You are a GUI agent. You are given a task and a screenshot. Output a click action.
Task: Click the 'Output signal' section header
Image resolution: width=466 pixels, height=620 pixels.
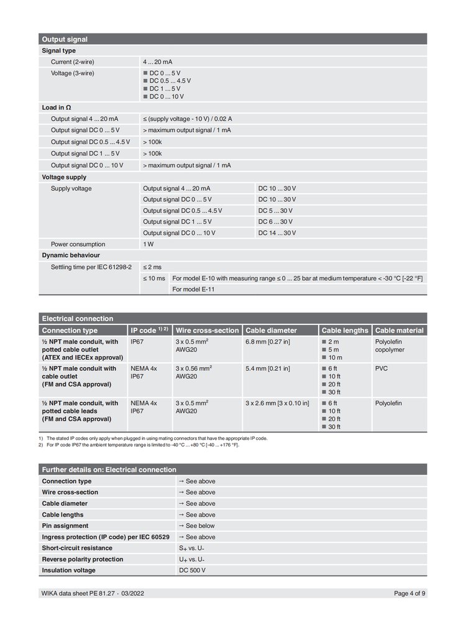(x=64, y=39)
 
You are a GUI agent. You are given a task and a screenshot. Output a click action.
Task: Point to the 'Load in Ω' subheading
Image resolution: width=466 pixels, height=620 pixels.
(x=56, y=107)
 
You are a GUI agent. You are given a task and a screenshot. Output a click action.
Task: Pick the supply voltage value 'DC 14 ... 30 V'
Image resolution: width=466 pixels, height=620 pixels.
(x=277, y=233)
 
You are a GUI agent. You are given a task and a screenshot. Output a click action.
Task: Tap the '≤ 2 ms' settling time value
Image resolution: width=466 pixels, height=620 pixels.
(x=153, y=267)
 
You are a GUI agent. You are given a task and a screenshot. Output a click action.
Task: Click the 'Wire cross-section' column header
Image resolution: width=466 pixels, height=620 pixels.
(x=207, y=331)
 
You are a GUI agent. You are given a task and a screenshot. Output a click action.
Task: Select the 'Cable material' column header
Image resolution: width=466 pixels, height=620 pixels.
(x=400, y=331)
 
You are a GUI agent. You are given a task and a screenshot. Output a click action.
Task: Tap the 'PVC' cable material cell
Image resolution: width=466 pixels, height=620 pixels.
(x=381, y=368)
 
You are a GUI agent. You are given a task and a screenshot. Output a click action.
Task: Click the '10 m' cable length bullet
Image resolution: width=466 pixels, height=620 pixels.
(x=334, y=357)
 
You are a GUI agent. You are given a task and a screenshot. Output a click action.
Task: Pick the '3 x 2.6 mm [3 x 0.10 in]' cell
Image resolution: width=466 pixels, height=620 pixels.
(x=277, y=403)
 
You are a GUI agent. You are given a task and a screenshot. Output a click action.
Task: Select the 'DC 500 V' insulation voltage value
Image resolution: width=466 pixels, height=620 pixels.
(x=192, y=570)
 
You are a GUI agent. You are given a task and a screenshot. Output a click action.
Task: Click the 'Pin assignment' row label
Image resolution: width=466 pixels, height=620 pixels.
(x=65, y=526)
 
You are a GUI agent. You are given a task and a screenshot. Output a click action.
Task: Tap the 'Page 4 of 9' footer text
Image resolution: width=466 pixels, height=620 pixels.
(x=409, y=593)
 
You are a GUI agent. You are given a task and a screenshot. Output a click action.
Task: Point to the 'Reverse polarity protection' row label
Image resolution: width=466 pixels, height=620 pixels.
(x=82, y=559)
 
